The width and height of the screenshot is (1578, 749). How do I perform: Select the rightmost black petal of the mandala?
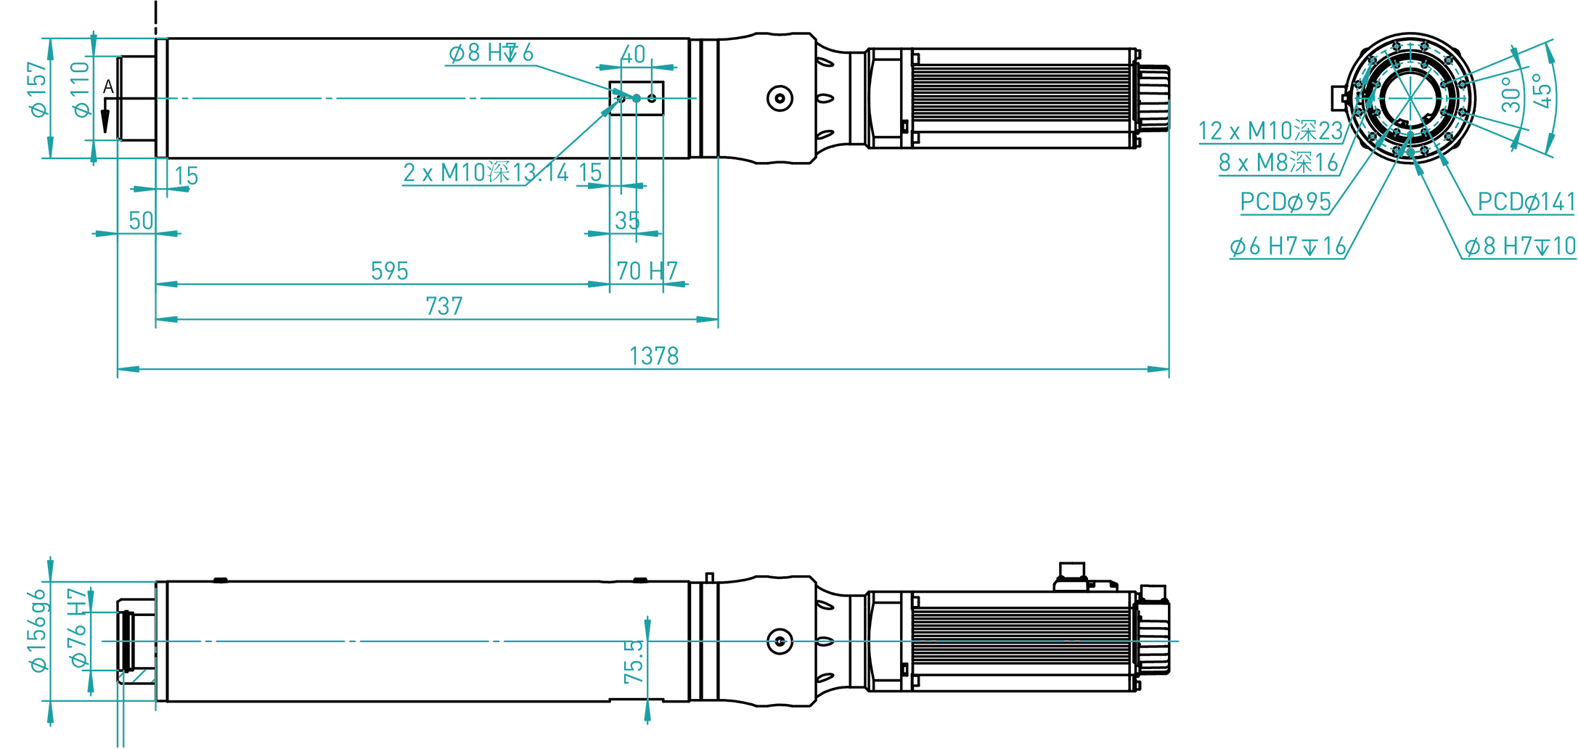[x=1481, y=98]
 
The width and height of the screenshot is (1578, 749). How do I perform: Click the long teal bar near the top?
[x=363, y=99]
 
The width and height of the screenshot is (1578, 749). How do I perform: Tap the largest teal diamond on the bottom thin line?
[x=885, y=641]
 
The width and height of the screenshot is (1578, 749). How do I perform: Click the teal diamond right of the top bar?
[x=678, y=99]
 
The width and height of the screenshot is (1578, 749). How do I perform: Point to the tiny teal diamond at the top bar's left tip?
[x=164, y=99]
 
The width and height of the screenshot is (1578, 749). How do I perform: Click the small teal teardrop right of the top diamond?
[x=696, y=99]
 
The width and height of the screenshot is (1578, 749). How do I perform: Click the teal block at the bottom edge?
[x=646, y=726]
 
